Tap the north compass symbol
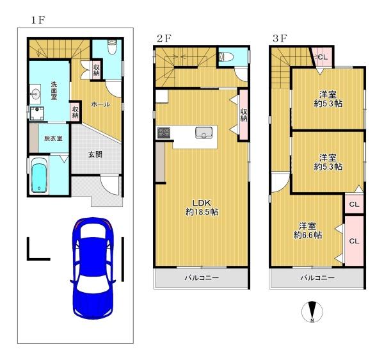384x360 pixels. pos(312,312)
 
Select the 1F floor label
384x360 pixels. pos(38,20)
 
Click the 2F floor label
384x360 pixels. pos(164,38)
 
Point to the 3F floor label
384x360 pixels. pos(280,38)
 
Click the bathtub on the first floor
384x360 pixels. pos(39,175)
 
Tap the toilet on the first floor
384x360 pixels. pos(112,47)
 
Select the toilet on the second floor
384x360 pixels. pos(226,57)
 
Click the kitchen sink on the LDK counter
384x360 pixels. pos(204,133)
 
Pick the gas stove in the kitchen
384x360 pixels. pos(164,133)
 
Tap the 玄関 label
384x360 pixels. pos(95,154)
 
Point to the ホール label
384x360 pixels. pos(100,104)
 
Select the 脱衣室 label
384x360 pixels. pos(53,138)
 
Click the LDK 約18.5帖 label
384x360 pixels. pos(202,208)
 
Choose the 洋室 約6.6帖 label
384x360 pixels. pos(308,231)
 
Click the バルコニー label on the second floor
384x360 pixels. pos(202,278)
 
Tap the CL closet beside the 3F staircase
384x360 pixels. pos(323,57)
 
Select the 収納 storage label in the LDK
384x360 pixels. pos(243,115)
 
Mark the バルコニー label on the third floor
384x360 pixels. pos(317,278)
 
